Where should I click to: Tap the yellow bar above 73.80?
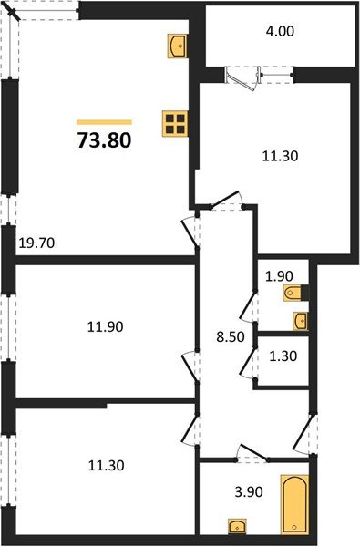104,121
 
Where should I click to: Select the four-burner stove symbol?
175,123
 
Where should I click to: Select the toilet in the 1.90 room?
294,293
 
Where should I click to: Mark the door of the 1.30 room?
248,361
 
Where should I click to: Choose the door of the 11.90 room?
190,365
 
